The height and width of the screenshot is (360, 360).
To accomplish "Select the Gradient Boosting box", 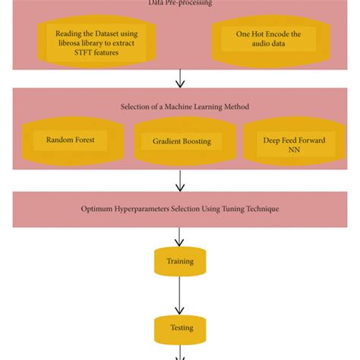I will [181, 141].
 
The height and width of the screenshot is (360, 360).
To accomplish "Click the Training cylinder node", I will [180, 261].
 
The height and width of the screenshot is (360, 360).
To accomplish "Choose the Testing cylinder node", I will [180, 328].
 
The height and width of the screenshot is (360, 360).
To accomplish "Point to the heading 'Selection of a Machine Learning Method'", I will [185, 107].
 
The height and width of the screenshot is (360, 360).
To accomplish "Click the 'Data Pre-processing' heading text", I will [180, 3].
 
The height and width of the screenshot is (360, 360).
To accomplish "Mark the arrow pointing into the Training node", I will [180, 236].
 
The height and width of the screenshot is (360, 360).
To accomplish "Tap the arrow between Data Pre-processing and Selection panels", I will [180, 78].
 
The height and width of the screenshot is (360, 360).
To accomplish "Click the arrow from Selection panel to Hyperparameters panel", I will [180, 181].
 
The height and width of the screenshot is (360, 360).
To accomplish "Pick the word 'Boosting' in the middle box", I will [196, 141].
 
